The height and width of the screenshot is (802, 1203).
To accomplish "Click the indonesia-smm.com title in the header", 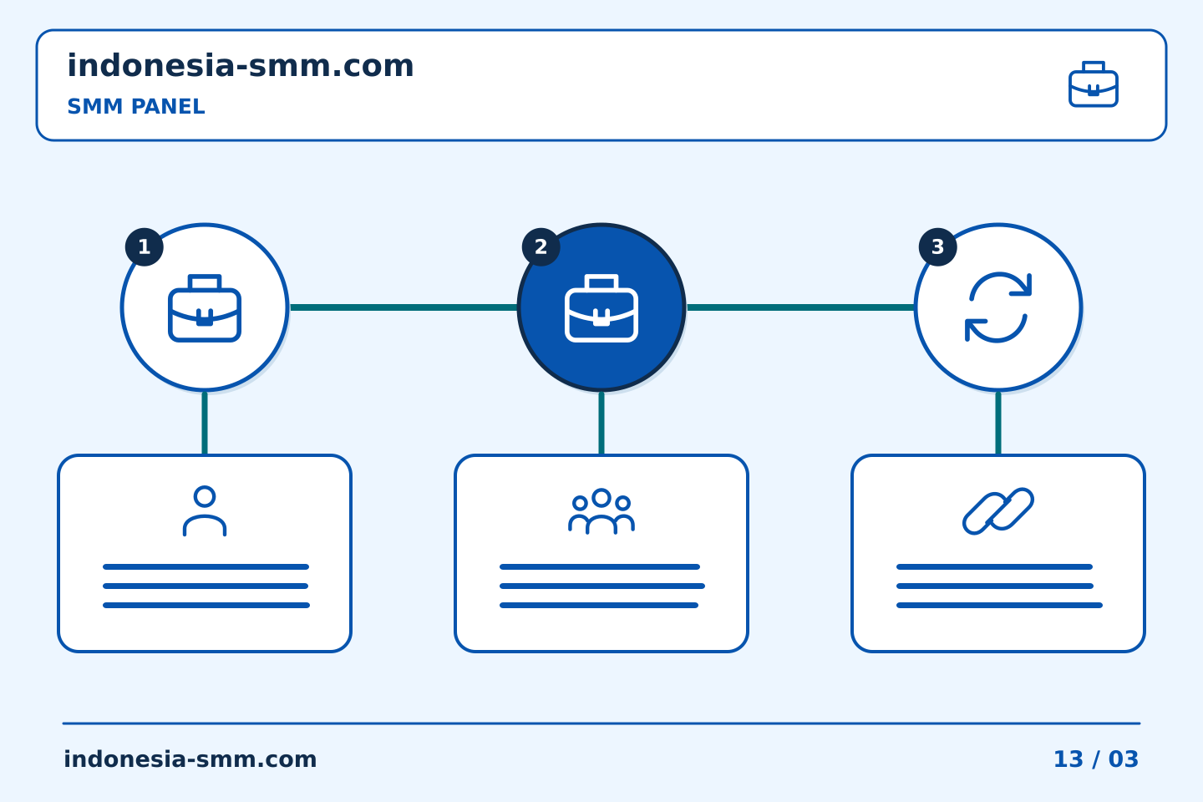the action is click(240, 66).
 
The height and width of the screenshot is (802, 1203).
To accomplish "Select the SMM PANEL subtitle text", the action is click(136, 106).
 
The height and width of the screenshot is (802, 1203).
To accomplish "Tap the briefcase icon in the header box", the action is click(1094, 84).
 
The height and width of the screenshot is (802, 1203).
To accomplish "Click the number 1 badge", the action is click(144, 247).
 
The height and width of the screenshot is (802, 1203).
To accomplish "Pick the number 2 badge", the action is click(541, 247).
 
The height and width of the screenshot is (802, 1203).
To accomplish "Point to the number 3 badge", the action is click(937, 247).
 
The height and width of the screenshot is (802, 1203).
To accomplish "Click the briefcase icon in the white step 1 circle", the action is click(205, 307).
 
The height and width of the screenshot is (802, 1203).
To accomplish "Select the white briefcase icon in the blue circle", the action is click(601, 307).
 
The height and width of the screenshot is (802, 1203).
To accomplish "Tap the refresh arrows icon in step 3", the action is click(997, 307).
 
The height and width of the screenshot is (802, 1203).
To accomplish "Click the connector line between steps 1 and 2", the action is click(404, 307).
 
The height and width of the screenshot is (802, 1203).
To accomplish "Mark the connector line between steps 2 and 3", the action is click(800, 307).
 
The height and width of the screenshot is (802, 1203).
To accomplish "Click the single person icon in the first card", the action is click(205, 510).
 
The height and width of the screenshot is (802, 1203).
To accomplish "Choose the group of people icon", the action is click(601, 510).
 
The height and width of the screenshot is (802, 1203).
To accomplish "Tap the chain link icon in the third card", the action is click(997, 510).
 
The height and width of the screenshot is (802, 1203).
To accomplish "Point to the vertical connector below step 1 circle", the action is click(205, 424).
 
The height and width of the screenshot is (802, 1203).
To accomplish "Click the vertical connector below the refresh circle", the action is click(997, 424).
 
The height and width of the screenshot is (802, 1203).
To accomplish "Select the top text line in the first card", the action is click(206, 566).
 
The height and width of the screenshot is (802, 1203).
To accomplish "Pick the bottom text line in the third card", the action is click(999, 606).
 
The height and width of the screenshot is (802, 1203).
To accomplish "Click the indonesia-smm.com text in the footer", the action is click(190, 759).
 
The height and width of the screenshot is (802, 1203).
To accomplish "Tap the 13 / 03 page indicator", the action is click(1096, 759).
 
